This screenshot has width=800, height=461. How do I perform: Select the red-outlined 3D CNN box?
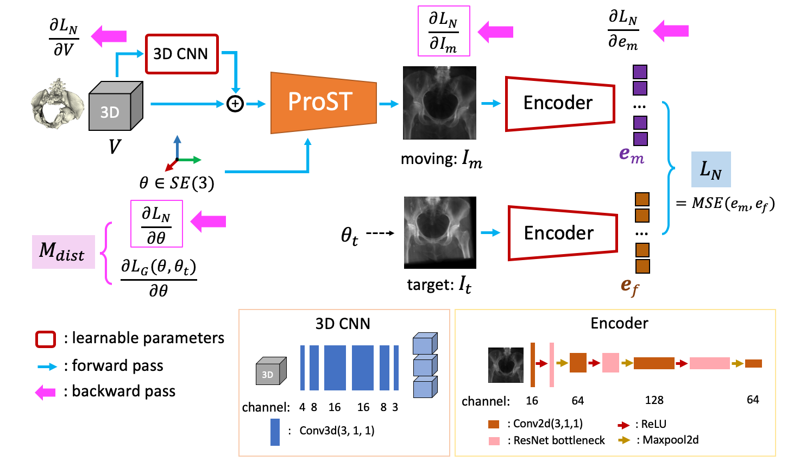181,54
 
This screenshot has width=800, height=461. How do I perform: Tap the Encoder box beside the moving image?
559,103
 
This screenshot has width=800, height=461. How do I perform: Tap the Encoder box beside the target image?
562,233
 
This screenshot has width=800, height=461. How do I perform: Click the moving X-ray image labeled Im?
439,103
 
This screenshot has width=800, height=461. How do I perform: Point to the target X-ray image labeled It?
440,232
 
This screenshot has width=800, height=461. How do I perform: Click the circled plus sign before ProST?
235,104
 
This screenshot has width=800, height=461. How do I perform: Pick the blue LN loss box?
710,169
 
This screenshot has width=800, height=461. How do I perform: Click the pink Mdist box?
63,252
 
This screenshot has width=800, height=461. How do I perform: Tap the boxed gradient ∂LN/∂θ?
156,224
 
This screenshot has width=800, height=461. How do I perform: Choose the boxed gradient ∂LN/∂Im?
443,31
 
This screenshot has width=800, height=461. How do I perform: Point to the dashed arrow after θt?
380,233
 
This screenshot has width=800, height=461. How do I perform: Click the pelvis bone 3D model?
57,104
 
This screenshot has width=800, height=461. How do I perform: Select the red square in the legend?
46,339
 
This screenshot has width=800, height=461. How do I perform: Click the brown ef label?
629,286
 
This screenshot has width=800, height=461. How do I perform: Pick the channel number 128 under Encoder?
654,400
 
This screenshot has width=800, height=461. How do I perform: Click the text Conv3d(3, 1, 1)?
337,431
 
